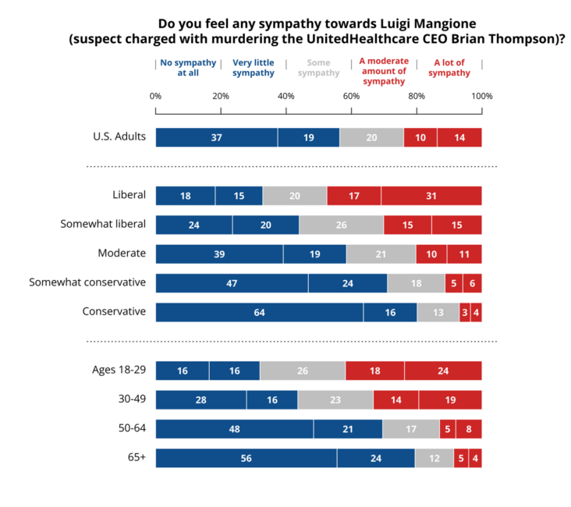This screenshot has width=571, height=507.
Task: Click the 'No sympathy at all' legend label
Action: click(179, 67)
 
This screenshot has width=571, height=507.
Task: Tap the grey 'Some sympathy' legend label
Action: click(320, 67)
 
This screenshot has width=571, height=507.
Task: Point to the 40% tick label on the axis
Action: click(285, 96)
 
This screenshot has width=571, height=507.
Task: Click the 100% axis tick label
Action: click(481, 96)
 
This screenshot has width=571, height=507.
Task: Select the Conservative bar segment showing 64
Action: click(259, 312)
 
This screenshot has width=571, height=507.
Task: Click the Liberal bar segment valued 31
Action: click(431, 196)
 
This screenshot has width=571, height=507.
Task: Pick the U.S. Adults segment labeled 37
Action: click(216, 137)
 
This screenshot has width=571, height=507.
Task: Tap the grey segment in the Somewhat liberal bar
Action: click(341, 225)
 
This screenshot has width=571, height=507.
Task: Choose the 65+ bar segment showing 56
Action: click(246, 458)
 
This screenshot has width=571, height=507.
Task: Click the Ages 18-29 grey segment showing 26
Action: click(302, 370)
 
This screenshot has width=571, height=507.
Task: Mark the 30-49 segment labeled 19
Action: click(450, 399)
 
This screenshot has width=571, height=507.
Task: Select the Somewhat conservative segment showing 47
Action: click(232, 283)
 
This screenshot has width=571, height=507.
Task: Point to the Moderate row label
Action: click(122, 253)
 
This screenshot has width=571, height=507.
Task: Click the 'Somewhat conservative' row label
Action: click(87, 282)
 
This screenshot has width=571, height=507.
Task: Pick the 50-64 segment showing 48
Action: click(234, 429)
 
